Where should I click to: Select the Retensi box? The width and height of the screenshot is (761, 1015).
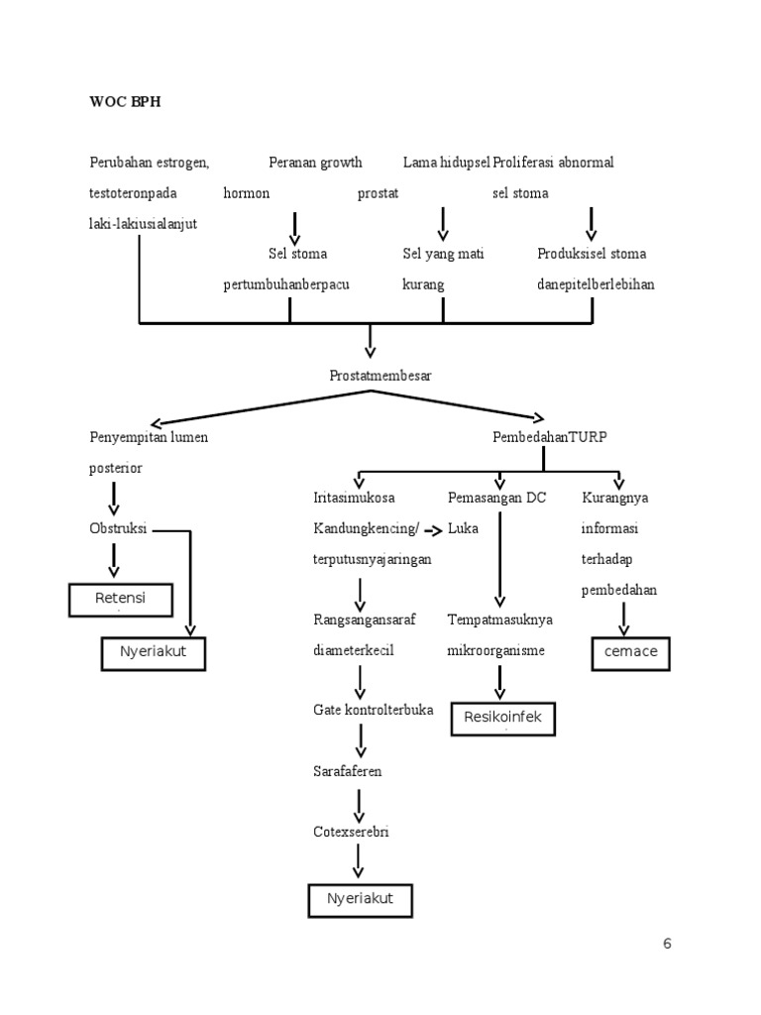pyautogui.click(x=119, y=600)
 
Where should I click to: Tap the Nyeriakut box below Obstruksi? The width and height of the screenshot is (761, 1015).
pyautogui.click(x=153, y=652)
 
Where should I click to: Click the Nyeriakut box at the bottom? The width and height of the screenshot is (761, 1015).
pyautogui.click(x=360, y=899)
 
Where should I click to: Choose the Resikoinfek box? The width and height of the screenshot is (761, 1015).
pyautogui.click(x=503, y=718)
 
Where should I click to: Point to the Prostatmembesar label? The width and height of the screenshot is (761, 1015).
pyautogui.click(x=380, y=376)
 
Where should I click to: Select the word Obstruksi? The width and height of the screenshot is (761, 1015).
pyautogui.click(x=118, y=528)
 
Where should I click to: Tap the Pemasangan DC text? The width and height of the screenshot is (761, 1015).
pyautogui.click(x=496, y=498)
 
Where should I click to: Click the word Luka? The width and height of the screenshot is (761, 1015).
pyautogui.click(x=463, y=528)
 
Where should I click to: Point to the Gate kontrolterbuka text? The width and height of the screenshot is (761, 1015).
pyautogui.click(x=373, y=710)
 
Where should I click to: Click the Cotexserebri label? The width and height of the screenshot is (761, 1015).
pyautogui.click(x=351, y=832)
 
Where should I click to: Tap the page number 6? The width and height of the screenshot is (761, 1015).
pyautogui.click(x=667, y=944)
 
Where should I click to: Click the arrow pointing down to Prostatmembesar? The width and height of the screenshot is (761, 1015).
pyautogui.click(x=371, y=342)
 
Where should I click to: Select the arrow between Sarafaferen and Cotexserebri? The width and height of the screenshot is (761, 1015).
pyautogui.click(x=360, y=801)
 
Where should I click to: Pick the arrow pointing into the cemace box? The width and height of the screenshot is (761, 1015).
pyautogui.click(x=624, y=620)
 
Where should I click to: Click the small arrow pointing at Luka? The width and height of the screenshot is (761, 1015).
pyautogui.click(x=434, y=530)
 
